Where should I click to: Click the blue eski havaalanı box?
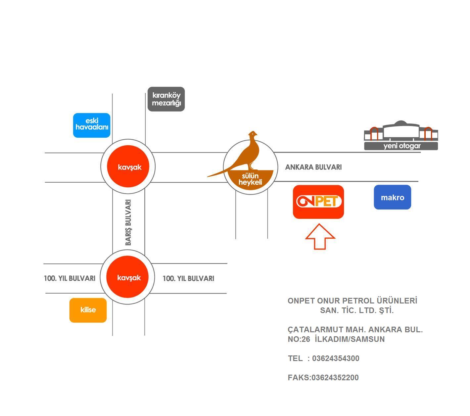[92, 125]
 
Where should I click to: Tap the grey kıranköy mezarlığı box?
[166, 99]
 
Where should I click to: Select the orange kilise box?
[88, 310]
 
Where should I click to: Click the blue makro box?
[393, 197]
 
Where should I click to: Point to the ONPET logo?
[318, 202]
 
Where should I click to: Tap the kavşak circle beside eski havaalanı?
[128, 167]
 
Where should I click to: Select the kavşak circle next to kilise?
[127, 277]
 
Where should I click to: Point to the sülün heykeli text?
[250, 179]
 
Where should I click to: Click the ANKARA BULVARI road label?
[313, 167]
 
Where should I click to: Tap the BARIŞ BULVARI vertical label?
[128, 222]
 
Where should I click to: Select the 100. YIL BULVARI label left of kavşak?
[70, 278]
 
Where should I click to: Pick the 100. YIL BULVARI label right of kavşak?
[188, 279]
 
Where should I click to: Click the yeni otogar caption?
[402, 146]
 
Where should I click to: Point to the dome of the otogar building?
[401, 123]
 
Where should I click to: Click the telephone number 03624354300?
[336, 358]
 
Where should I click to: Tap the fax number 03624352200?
[335, 378]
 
